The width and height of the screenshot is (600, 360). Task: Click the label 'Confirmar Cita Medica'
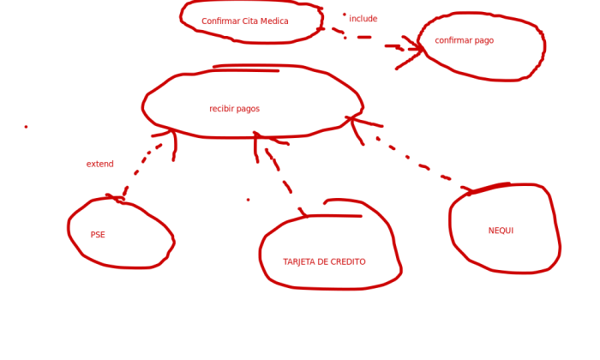pos(245,21)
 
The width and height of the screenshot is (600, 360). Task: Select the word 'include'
pos(363,18)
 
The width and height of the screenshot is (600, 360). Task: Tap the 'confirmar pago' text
pos(465,40)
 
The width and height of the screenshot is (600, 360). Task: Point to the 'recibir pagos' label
pos(235,109)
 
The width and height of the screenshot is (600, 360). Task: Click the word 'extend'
pos(100,164)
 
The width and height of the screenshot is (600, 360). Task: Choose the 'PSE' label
pos(98,235)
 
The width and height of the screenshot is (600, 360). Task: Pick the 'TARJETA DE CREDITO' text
pos(324,261)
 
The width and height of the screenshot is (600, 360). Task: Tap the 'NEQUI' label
pos(501,231)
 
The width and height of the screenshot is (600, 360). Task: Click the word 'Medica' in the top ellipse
pos(275,21)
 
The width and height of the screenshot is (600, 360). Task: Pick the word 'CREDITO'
pos(348,261)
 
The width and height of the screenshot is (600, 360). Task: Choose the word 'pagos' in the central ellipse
pos(248,109)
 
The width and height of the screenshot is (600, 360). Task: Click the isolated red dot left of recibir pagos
pos(26,127)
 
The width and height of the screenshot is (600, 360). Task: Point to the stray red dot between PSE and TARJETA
pos(248,200)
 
